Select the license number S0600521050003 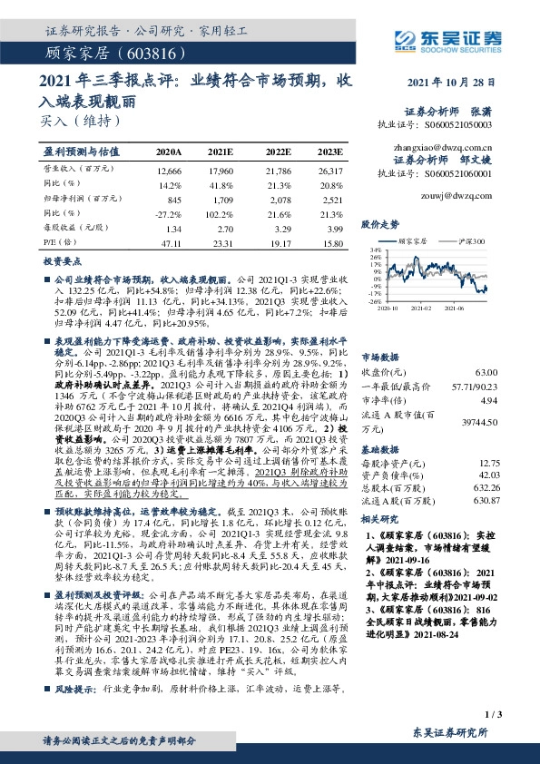click(x=460, y=123)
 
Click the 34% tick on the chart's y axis click(x=374, y=249)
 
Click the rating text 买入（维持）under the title click(x=79, y=119)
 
